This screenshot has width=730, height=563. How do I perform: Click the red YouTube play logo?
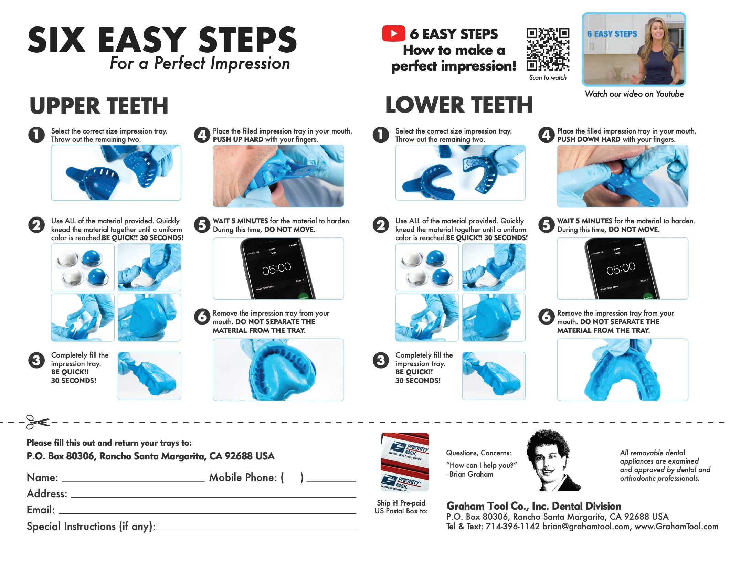393,33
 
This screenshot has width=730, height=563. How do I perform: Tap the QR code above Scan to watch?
548,49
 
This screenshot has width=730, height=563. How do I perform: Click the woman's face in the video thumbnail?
658,33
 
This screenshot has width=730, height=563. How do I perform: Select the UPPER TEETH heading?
99,106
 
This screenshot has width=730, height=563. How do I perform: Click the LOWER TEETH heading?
459,105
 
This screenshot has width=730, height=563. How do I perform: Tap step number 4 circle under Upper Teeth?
202,135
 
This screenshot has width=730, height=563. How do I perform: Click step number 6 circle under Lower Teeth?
546,317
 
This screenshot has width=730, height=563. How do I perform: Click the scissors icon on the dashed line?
37,422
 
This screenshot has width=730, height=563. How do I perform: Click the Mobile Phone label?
243,478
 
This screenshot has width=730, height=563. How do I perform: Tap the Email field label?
41,510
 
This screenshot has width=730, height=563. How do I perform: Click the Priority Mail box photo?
405,462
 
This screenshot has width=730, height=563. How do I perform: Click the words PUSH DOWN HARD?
589,140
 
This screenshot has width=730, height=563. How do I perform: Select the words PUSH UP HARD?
238,140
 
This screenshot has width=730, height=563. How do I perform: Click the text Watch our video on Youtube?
634,94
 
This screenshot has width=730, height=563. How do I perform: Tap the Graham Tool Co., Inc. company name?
533,506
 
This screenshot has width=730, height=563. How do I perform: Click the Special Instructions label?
91,527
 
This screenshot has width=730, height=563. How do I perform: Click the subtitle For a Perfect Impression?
200,64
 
